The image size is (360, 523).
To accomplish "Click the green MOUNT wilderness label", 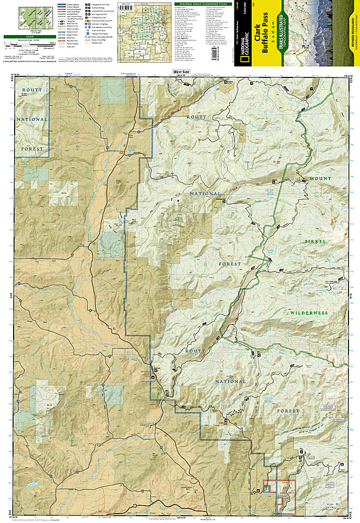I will coord(320,179).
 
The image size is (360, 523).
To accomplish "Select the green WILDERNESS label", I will coord(309,313).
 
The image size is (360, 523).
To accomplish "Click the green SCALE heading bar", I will coord(27,37).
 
